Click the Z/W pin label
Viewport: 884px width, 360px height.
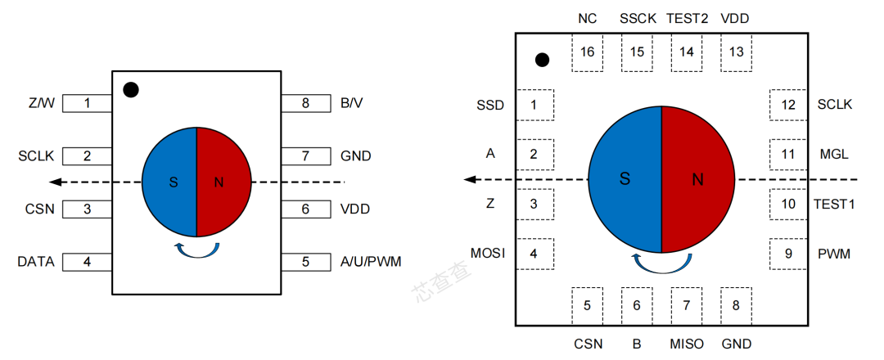pyautogui.click(x=41, y=104)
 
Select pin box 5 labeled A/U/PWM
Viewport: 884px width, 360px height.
pyautogui.click(x=305, y=262)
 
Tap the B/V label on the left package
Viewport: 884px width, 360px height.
pyautogui.click(x=352, y=104)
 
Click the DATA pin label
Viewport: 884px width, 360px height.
pyautogui.click(x=36, y=262)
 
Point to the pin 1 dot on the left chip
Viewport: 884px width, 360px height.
pyautogui.click(x=130, y=90)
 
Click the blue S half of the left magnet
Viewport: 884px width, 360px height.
pyautogui.click(x=170, y=182)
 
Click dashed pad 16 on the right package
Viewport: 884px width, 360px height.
pyautogui.click(x=587, y=52)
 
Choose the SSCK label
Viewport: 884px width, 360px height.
pyautogui.click(x=638, y=18)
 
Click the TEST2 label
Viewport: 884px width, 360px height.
pyautogui.click(x=688, y=18)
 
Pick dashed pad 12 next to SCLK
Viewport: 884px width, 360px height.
pyautogui.click(x=788, y=105)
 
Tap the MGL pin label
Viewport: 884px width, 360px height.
pyautogui.click(x=833, y=154)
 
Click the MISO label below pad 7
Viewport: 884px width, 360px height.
pyautogui.click(x=687, y=344)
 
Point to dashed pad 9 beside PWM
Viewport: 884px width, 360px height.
pyautogui.click(x=788, y=254)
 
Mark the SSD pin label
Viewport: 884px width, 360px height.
pyautogui.click(x=490, y=105)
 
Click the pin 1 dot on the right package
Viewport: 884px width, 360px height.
pyautogui.click(x=541, y=60)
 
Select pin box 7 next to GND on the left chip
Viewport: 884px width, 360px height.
pyautogui.click(x=305, y=155)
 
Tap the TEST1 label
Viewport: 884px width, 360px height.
pyautogui.click(x=834, y=204)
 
